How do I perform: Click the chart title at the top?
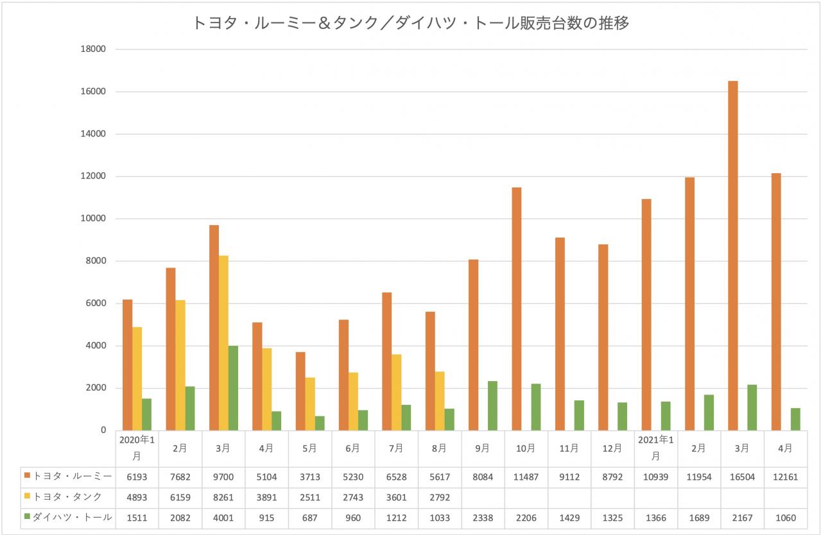(411, 24)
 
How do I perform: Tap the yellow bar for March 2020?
(223, 343)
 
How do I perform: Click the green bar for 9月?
(492, 405)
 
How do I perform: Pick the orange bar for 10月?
(517, 309)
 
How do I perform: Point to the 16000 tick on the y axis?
(92, 92)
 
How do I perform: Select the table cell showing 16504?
(741, 476)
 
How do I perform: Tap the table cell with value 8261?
(223, 497)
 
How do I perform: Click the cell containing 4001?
(223, 517)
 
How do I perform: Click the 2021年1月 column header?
(655, 448)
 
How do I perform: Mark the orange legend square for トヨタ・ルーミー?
(28, 476)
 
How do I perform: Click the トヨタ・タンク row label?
(67, 497)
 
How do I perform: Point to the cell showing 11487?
(525, 476)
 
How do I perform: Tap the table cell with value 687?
(309, 517)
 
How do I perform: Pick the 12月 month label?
(612, 448)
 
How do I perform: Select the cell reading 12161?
(785, 476)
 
